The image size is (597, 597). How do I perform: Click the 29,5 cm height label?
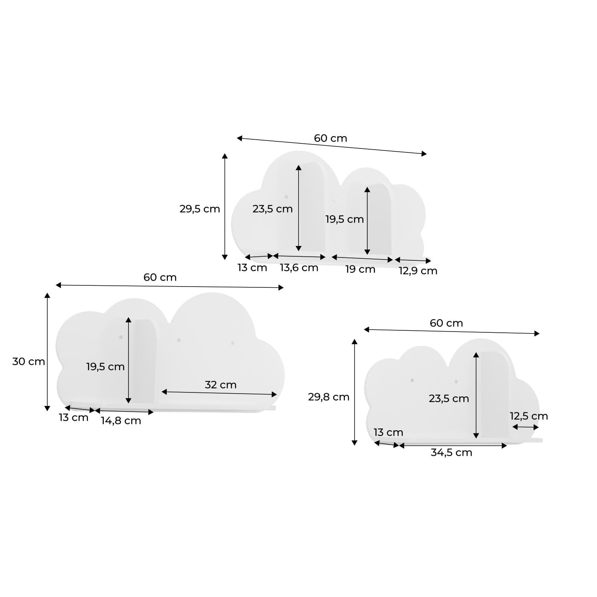(x=199, y=209)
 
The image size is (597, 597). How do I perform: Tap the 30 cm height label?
(x=29, y=362)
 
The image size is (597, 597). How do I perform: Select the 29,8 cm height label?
(x=329, y=397)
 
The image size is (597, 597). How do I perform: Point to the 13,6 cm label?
(x=299, y=268)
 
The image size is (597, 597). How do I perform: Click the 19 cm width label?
(x=360, y=269)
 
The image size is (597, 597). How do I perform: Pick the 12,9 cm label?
(x=418, y=271)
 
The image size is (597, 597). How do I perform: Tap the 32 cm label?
(x=220, y=385)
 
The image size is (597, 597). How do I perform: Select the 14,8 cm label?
(x=121, y=421)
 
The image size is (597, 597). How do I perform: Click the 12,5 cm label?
(x=529, y=416)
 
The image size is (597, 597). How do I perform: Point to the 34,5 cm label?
(x=451, y=453)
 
